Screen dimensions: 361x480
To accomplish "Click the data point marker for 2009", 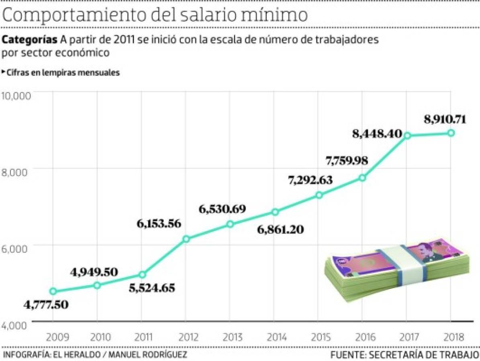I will pyautogui.click(x=53, y=291).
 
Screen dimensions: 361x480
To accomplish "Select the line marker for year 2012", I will pyautogui.click(x=186, y=239).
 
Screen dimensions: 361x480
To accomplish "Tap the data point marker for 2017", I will pyautogui.click(x=407, y=136).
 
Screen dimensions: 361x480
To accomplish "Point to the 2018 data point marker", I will pyautogui.click(x=451, y=133).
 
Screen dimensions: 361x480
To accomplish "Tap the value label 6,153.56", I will pyautogui.click(x=158, y=223).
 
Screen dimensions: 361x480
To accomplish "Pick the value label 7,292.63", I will pyautogui.click(x=310, y=180).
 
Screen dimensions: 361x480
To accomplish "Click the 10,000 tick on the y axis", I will pyautogui.click(x=16, y=97).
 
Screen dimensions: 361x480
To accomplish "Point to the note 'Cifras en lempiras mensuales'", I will pyautogui.click(x=63, y=73).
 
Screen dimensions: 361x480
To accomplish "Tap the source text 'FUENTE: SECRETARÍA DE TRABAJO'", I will pyautogui.click(x=405, y=355).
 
